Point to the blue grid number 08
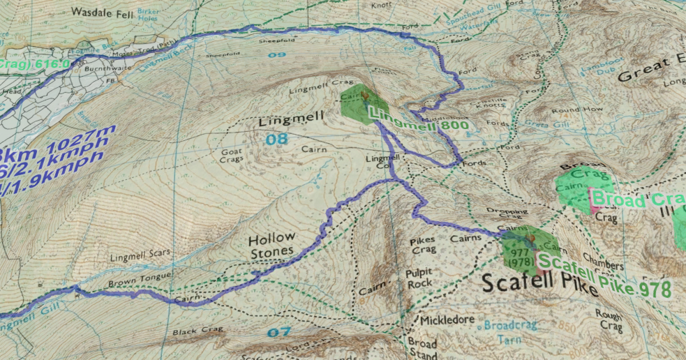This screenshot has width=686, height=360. (277, 140)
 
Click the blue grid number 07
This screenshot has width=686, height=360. (278, 331)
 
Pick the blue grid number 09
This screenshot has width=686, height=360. (277, 54)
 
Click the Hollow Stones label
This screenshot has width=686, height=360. (271, 244)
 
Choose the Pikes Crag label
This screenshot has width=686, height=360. (424, 244)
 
